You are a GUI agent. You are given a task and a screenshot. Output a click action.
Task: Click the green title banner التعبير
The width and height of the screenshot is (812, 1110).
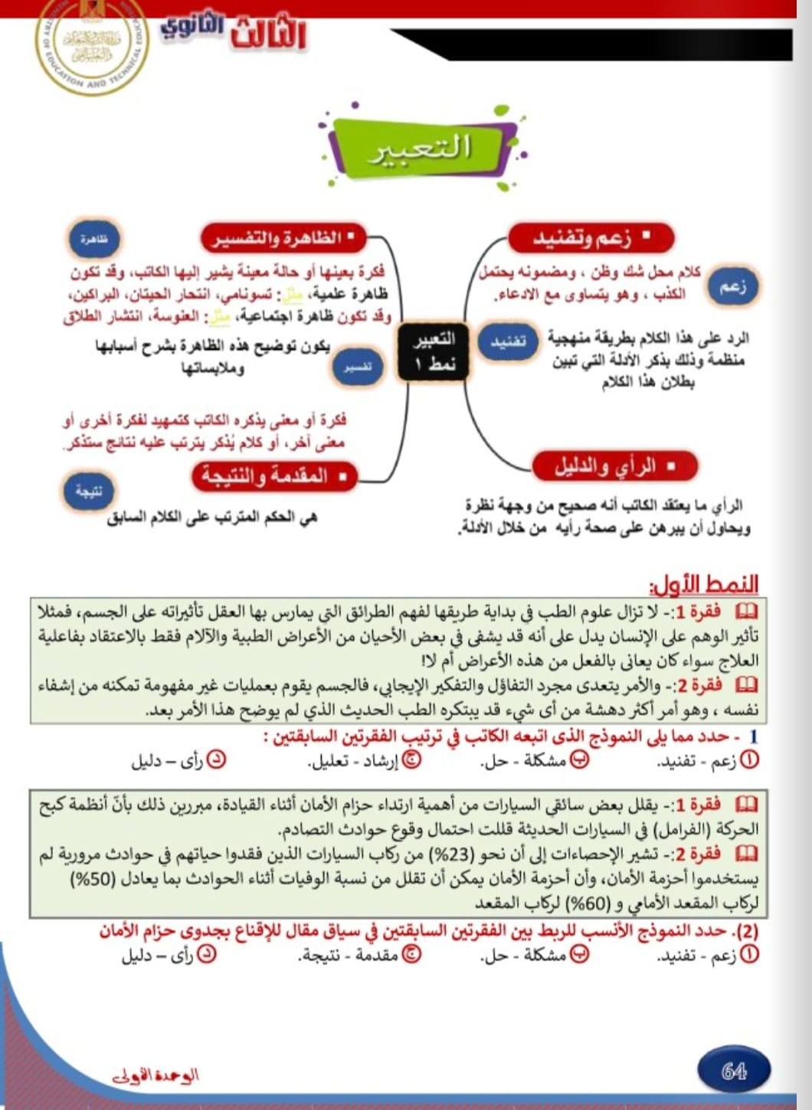tap(420, 148)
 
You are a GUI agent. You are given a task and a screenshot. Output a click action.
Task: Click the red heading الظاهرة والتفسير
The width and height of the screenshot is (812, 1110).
tap(282, 238)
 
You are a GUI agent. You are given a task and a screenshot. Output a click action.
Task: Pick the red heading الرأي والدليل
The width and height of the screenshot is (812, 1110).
tap(615, 465)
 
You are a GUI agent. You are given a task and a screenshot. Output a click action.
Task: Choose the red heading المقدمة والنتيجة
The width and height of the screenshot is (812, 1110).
tap(274, 476)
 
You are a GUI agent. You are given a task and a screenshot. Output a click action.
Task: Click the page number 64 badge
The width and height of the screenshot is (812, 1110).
tap(734, 1071)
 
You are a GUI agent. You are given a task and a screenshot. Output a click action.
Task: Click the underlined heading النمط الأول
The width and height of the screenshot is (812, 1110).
tap(704, 586)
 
